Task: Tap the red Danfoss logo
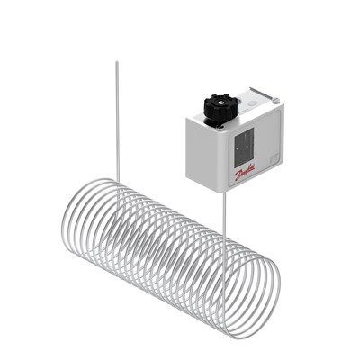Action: [x=244, y=172]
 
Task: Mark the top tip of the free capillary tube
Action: [x=116, y=62]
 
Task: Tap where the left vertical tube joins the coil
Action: [x=117, y=180]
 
